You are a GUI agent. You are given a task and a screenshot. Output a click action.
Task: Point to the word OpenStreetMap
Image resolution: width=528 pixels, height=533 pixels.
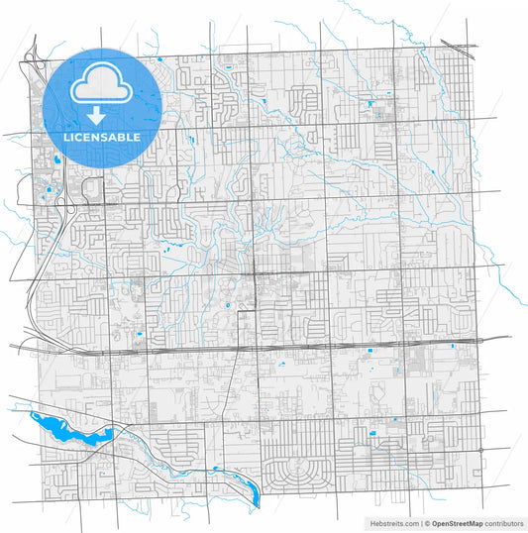tap(455, 522)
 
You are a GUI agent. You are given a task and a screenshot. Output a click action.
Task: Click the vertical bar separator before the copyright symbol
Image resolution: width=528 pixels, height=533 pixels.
tap(418, 522)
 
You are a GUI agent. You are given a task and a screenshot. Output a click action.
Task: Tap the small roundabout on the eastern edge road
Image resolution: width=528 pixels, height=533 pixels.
tap(482, 450)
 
